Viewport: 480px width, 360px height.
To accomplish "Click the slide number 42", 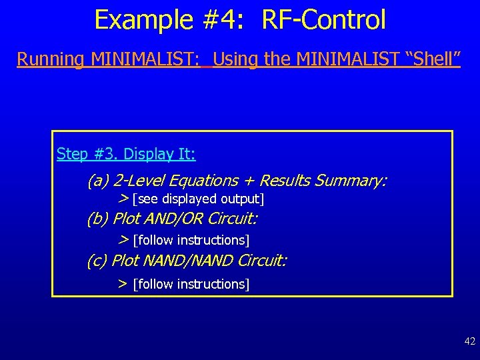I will [x=470, y=341].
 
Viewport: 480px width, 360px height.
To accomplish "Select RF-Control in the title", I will [x=324, y=20].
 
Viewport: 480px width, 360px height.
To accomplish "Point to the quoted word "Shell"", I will [x=433, y=59].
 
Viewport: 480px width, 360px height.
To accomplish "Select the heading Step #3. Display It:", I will [x=126, y=154].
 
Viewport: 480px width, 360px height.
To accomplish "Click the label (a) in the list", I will [x=98, y=181].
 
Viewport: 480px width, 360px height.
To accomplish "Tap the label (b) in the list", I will [x=98, y=219].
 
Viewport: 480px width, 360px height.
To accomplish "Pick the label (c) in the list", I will [x=97, y=261].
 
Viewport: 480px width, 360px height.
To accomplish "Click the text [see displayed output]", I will [x=199, y=199].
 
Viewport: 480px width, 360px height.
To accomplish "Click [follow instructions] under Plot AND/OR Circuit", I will [x=191, y=240].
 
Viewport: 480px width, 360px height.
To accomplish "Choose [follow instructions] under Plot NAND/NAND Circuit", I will [x=191, y=285].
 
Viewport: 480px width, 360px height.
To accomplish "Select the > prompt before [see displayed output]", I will [x=123, y=199].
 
